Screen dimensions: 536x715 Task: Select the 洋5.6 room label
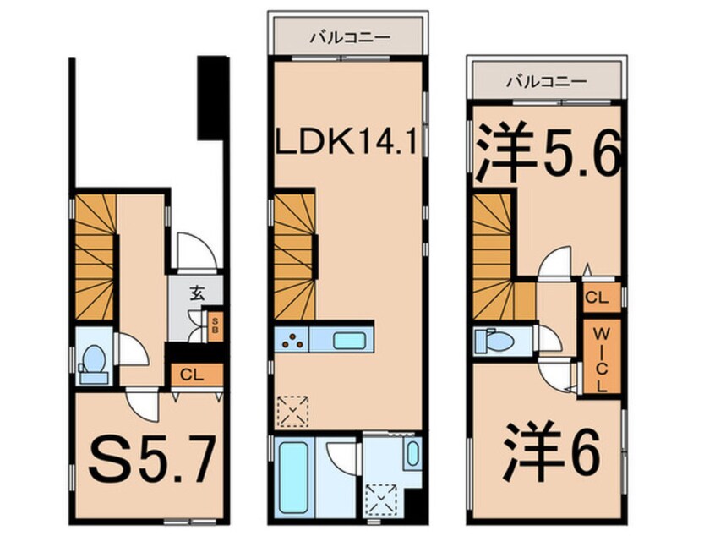pyautogui.click(x=548, y=155)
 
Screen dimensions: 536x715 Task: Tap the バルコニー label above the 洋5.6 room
pyautogui.click(x=546, y=81)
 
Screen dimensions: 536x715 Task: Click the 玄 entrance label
pyautogui.click(x=196, y=294)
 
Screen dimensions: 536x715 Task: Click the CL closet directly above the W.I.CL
pyautogui.click(x=596, y=298)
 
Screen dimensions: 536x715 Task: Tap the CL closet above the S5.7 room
pyautogui.click(x=194, y=374)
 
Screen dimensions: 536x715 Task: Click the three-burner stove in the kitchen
pyautogui.click(x=293, y=342)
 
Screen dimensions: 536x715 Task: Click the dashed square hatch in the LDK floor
pyautogui.click(x=293, y=410)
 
